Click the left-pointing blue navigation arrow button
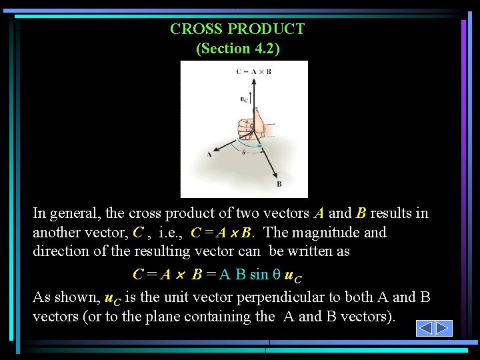coord(425,328)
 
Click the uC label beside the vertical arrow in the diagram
coord(243,99)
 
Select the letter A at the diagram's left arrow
coord(209,155)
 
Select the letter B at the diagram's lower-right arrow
coord(279,184)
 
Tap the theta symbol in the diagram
coord(243,152)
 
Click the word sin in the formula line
coord(259,274)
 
